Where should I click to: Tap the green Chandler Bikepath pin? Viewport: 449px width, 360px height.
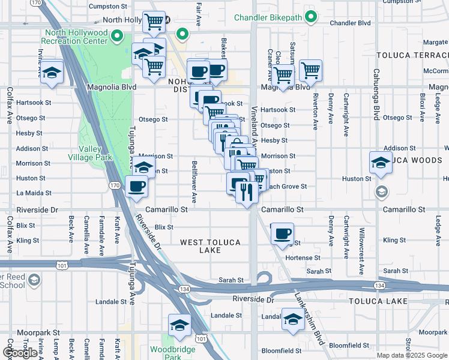[310, 17]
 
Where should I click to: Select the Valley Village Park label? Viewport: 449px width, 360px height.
[95, 153]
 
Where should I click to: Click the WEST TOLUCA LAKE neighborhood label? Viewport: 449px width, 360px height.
[210, 246]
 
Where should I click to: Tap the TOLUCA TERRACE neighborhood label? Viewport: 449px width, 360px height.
[411, 55]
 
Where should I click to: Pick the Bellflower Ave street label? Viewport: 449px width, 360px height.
[194, 181]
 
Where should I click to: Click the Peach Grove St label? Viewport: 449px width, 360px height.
[286, 187]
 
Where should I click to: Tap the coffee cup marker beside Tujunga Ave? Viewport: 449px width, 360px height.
[137, 186]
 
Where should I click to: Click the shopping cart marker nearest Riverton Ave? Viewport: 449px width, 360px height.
[310, 70]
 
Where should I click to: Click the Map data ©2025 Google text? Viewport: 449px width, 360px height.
[412, 355]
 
